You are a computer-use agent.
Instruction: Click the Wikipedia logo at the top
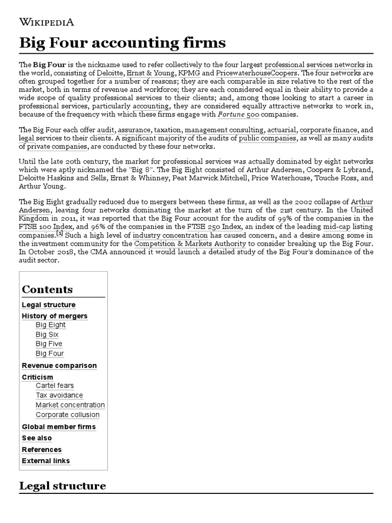tap(46, 21)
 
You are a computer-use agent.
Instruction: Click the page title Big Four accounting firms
tap(122, 43)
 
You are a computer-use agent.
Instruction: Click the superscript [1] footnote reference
tap(60, 233)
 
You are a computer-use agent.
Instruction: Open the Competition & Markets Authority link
tap(190, 244)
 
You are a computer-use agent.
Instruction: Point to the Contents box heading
tap(47, 290)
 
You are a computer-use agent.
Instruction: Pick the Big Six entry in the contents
tap(47, 334)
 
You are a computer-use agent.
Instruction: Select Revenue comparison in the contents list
tap(59, 366)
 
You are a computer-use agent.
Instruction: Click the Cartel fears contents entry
tap(55, 386)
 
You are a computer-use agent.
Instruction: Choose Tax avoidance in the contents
tap(59, 395)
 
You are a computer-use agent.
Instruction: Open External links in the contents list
tap(46, 461)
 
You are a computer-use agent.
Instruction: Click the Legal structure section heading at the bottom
tap(62, 486)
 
